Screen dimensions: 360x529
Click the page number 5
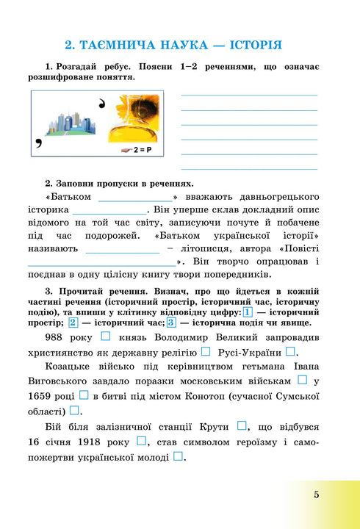[x=316, y=494]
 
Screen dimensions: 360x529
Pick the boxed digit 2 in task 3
[x=73, y=323]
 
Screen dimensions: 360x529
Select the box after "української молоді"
[x=178, y=456]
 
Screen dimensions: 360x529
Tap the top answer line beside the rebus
[x=249, y=95]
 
